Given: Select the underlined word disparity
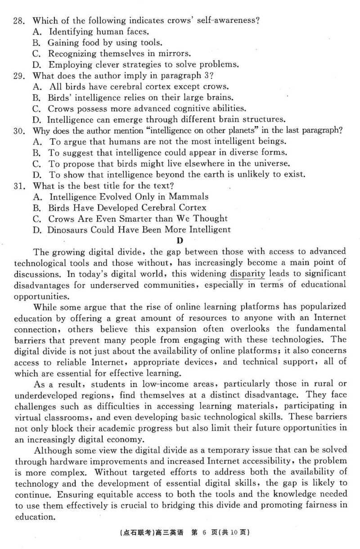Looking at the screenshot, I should (x=247, y=273).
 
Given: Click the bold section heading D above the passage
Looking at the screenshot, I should (x=181, y=240).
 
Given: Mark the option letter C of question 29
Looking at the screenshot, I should (x=37, y=109).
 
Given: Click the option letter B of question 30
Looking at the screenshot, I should (x=37, y=153).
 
